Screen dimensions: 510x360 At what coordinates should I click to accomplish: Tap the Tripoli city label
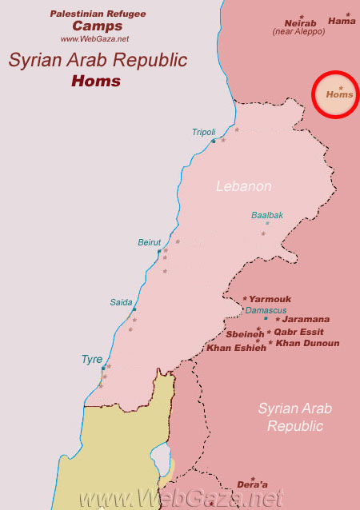[x=204, y=132]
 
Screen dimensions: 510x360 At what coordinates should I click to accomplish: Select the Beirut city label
[x=150, y=241]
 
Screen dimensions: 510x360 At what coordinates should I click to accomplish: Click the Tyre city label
[x=92, y=359]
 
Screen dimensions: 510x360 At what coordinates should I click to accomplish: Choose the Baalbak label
[x=267, y=215]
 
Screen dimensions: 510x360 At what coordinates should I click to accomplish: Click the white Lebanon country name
[x=244, y=186]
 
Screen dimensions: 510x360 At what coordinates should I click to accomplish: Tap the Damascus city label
[x=264, y=309]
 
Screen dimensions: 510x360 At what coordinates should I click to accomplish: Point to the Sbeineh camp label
[x=244, y=334]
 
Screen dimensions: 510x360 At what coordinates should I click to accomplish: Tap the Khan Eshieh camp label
[x=236, y=347]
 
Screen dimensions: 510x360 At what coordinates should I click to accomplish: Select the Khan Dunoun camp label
[x=307, y=343]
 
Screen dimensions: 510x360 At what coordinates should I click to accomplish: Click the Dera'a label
[x=252, y=485]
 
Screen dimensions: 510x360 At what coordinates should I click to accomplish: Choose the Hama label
[x=341, y=22]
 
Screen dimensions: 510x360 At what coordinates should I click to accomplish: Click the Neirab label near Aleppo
[x=302, y=23]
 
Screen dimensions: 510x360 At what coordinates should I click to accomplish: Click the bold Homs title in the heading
[x=95, y=81]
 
